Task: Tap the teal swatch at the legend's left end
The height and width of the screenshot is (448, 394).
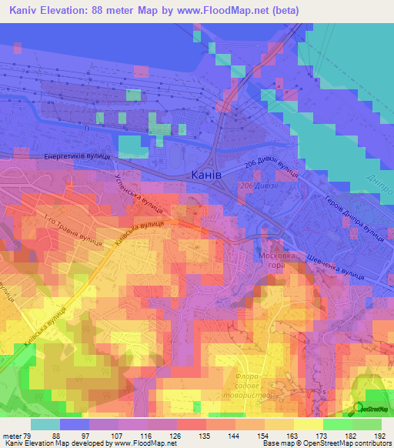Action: (45, 424)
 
